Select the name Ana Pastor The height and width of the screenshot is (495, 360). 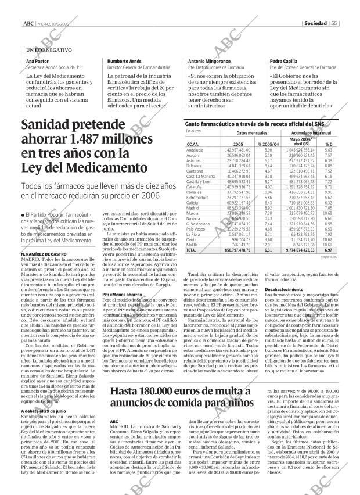click(34, 61)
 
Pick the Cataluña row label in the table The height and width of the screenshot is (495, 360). click(194, 188)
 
